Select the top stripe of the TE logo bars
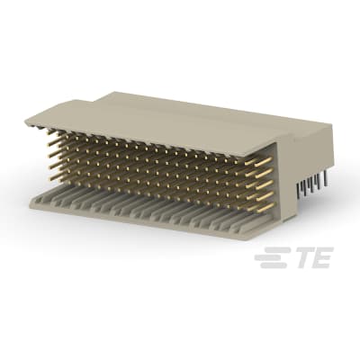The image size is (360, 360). (x=271, y=253)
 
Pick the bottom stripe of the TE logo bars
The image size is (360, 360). (x=267, y=265)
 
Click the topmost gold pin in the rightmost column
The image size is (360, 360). (x=264, y=164)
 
